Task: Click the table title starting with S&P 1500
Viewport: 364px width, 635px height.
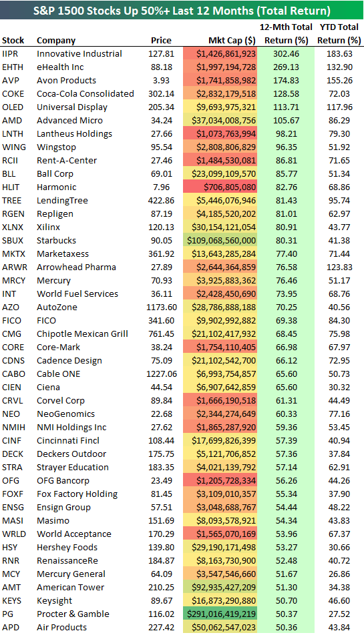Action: [182, 10]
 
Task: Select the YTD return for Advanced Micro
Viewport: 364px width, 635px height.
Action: [341, 121]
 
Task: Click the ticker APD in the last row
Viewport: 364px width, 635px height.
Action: [11, 628]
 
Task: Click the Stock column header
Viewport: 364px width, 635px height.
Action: [13, 41]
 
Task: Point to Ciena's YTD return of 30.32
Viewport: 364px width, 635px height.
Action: [341, 388]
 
